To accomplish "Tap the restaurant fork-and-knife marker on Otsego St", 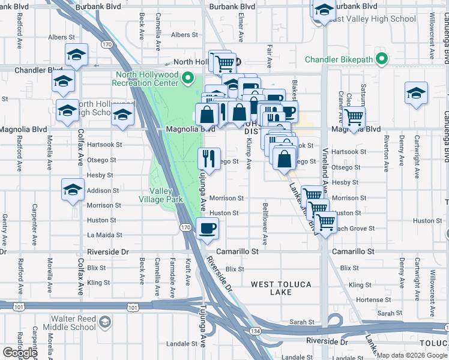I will [209, 159].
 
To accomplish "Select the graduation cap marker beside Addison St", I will [73, 191].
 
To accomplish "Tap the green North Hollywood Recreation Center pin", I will [188, 77].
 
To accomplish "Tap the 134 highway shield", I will [255, 331].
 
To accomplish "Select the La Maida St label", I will [104, 235].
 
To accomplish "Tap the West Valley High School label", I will [373, 19].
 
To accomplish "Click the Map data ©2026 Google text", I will [412, 355].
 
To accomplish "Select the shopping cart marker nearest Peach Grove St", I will [325, 222].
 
